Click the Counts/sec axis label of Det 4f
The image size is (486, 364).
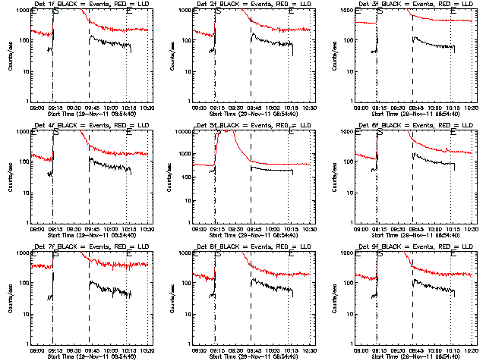9,177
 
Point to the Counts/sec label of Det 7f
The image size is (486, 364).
9,298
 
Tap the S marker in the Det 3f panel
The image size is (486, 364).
380,12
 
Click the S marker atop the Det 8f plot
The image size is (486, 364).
219,255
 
